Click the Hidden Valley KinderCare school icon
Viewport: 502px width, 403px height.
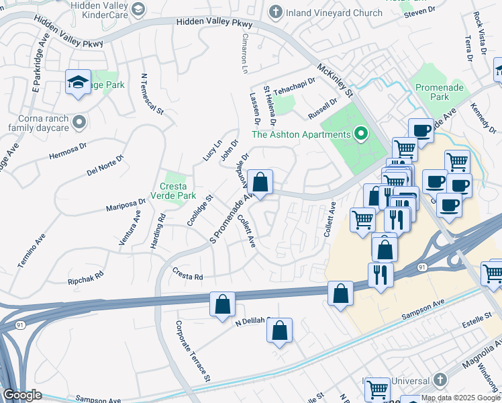(138, 9)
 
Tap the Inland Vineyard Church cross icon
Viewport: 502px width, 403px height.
(275, 11)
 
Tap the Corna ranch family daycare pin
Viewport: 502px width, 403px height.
(80, 122)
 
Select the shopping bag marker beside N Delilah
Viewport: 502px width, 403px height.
(279, 330)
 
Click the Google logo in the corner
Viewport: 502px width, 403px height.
(22, 395)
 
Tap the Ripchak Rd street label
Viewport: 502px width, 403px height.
(86, 276)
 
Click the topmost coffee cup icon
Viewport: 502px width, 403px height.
(421, 130)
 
